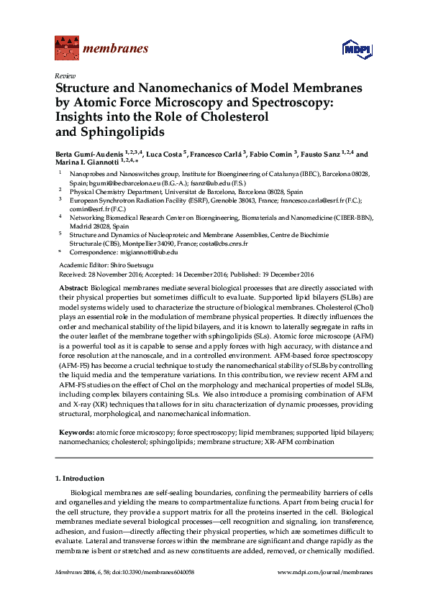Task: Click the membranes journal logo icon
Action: tap(67, 49)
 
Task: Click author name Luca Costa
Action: tap(165, 154)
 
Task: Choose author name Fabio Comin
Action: tap(270, 154)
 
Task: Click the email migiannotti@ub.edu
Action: tap(145, 253)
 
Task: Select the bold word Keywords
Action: tap(75, 433)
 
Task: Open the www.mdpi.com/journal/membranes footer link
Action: tap(324, 572)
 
